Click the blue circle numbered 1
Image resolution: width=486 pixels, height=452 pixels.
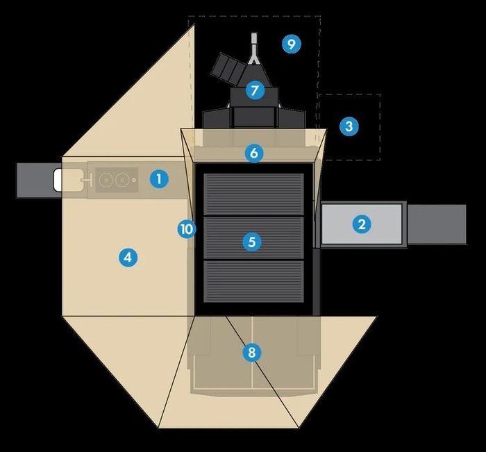click(159, 179)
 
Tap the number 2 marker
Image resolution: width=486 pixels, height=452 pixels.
click(361, 224)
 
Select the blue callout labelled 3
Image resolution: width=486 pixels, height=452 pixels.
click(349, 126)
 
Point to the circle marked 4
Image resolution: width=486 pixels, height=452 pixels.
click(126, 258)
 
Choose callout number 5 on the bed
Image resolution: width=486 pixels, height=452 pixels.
click(252, 242)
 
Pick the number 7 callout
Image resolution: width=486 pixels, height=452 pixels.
click(255, 90)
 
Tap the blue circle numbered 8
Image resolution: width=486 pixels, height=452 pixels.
click(252, 353)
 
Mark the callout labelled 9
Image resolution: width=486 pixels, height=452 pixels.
click(291, 44)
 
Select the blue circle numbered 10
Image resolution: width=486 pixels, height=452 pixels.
click(186, 228)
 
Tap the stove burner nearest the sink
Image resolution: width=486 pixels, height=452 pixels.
click(105, 180)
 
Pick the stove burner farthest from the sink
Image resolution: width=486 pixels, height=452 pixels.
click(121, 180)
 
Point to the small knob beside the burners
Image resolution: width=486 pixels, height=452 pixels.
click(134, 180)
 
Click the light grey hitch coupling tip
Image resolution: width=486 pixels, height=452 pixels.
click(255, 39)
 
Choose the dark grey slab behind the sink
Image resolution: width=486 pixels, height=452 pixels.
click(35, 180)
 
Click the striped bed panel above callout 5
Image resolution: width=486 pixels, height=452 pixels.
click(253, 194)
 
